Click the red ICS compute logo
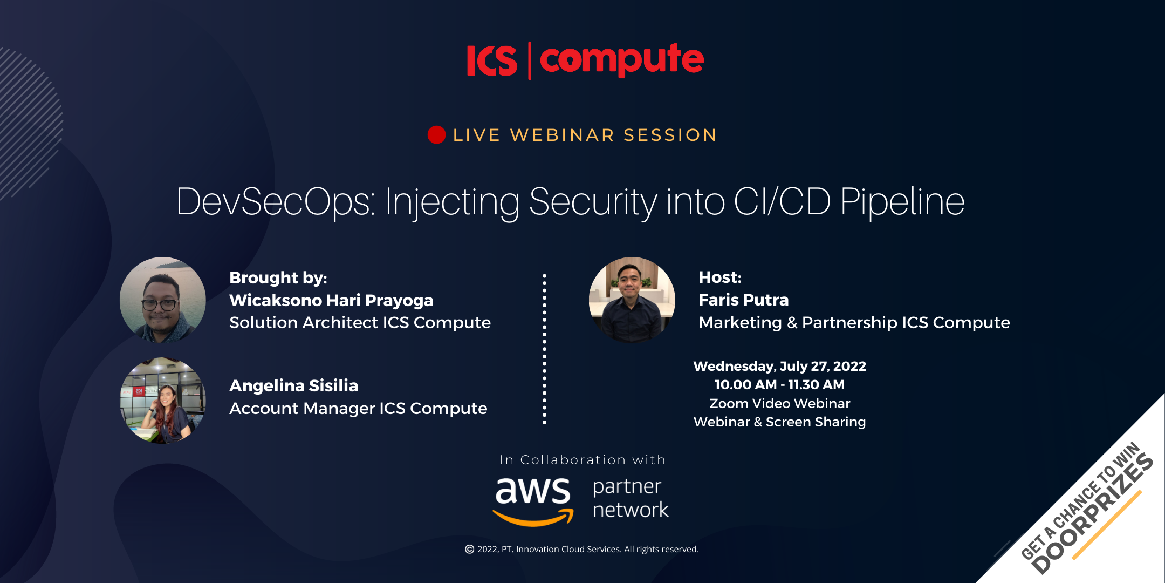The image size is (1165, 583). click(585, 60)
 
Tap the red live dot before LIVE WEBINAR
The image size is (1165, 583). click(436, 135)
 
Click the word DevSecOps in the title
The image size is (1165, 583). click(275, 202)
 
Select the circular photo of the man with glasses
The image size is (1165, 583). click(163, 300)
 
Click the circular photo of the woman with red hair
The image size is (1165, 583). click(163, 401)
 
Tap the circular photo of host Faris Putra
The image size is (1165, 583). click(632, 300)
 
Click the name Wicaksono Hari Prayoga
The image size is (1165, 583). click(331, 300)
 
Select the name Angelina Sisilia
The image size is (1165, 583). click(294, 385)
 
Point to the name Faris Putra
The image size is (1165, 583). click(744, 300)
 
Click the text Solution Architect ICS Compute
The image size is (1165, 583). click(360, 323)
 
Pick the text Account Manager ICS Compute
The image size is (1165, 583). click(358, 409)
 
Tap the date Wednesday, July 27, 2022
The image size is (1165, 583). click(780, 366)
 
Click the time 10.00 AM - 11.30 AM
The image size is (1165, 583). click(780, 385)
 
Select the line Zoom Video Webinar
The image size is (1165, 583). click(780, 404)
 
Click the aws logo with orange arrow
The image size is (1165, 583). click(533, 501)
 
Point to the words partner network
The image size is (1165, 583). click(631, 498)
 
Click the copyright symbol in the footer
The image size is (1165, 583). click(470, 549)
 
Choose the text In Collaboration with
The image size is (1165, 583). click(582, 460)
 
